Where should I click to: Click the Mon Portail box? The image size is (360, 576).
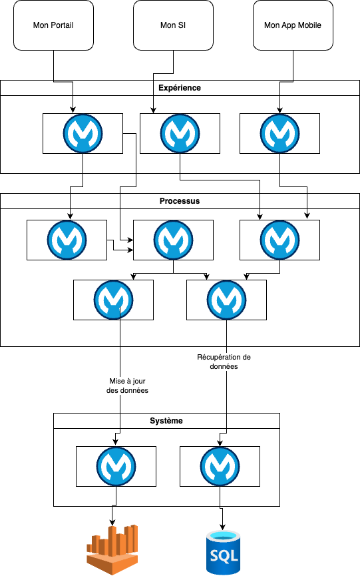tap(54, 25)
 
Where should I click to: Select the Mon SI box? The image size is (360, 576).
tap(173, 25)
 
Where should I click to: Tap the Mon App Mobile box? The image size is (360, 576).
tap(293, 25)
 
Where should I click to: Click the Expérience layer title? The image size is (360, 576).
tap(180, 88)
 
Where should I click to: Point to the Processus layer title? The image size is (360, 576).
tap(180, 201)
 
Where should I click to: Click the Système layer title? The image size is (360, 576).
tap(166, 421)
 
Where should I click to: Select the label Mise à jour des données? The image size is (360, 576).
tap(127, 386)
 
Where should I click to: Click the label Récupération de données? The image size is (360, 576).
tap(224, 362)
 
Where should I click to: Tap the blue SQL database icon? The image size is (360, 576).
tap(224, 553)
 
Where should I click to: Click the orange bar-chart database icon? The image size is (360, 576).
tap(112, 550)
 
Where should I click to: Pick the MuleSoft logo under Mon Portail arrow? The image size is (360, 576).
tap(83, 133)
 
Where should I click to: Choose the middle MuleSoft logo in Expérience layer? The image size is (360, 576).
tap(180, 133)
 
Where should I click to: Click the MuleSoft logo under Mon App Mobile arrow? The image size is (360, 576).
tap(279, 133)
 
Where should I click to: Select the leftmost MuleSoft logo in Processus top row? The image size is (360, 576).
tap(67, 240)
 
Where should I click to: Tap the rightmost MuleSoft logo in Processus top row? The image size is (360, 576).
tap(279, 240)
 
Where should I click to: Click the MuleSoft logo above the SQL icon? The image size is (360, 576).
tap(220, 466)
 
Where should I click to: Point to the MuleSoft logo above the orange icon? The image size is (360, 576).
tap(116, 466)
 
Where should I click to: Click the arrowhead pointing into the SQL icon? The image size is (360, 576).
tap(222, 527)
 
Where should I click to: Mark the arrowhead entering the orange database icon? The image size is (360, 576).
tap(112, 522)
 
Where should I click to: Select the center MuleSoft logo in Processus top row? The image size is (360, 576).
tap(173, 240)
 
